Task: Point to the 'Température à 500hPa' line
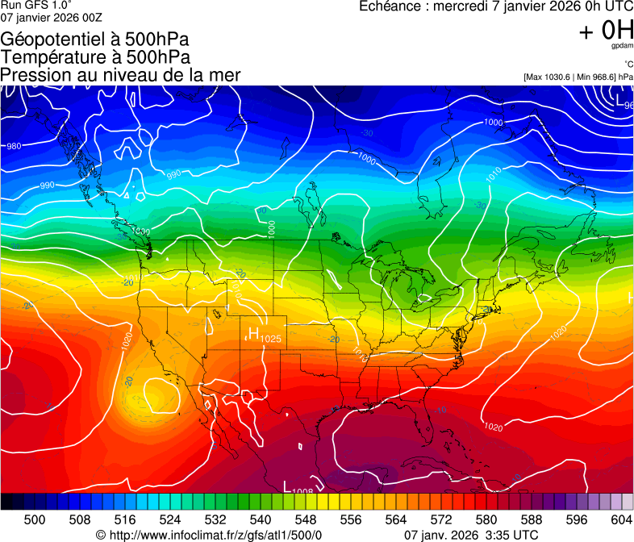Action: [x=96, y=56]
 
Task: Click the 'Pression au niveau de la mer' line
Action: [x=120, y=74]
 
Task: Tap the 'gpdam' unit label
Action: [x=622, y=46]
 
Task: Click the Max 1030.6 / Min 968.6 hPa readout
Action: [x=578, y=77]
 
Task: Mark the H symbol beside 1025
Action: [x=252, y=334]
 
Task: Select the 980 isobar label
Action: [x=14, y=146]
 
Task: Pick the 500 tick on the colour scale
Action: [x=35, y=519]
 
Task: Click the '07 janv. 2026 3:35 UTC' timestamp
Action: [x=470, y=535]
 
